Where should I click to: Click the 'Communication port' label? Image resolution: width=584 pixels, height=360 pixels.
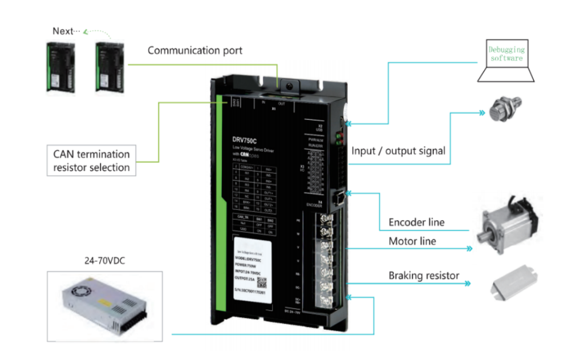coord(195,51)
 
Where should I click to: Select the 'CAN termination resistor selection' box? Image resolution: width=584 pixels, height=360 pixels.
coord(91,160)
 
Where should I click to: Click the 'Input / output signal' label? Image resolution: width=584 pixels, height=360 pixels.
coord(398,151)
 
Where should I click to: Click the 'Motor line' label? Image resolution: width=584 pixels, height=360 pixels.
coord(412,241)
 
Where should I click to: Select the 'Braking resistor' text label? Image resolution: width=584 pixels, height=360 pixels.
coord(424,276)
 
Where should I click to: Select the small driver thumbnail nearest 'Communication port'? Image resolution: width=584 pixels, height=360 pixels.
coord(111,67)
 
